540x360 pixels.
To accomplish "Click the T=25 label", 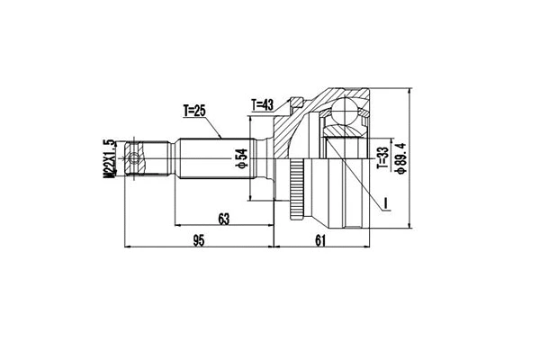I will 195,111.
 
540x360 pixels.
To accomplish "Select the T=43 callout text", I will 264,103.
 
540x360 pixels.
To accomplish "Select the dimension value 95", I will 200,238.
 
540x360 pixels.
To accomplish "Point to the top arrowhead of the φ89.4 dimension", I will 407,92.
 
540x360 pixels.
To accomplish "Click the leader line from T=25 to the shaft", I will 216,128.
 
